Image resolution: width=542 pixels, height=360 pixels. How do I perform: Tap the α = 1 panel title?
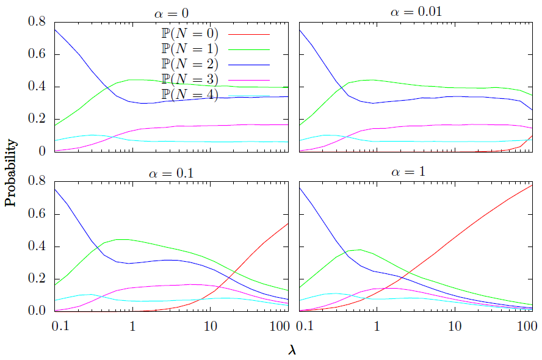coord(412,172)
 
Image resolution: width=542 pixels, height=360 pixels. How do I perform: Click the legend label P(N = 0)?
coord(189,34)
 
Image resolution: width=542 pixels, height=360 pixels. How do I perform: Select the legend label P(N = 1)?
coord(189,49)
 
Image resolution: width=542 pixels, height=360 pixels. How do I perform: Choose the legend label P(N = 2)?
coord(189,64)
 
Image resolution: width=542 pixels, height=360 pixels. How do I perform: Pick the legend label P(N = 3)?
coord(189,79)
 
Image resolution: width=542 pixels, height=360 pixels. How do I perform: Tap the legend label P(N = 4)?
coord(189,95)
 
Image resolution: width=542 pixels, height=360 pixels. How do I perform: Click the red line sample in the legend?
coord(248,34)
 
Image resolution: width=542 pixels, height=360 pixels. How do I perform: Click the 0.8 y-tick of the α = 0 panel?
coord(36,23)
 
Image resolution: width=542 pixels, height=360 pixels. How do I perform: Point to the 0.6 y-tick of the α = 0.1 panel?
coord(36,214)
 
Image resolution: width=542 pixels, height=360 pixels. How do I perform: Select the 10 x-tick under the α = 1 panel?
coord(455,326)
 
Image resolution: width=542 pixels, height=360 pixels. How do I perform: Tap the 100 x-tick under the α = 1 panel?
coord(526,326)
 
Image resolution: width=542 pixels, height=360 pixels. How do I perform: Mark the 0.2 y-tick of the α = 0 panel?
coord(36,119)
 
